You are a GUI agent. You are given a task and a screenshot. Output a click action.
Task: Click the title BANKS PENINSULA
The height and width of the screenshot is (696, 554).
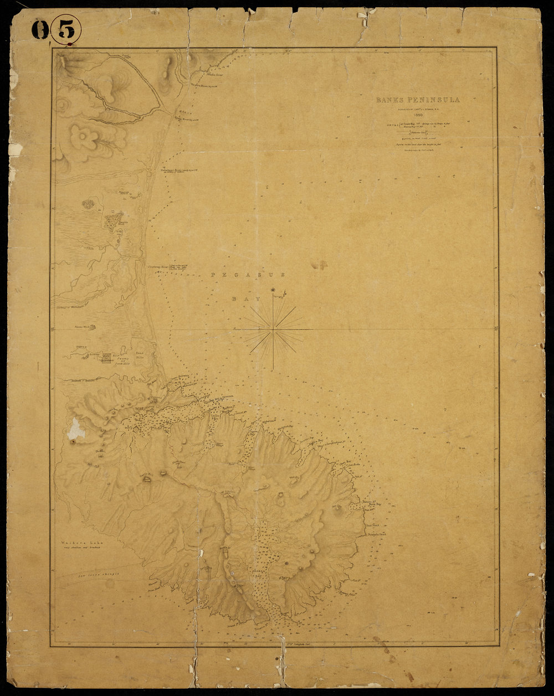click(418, 100)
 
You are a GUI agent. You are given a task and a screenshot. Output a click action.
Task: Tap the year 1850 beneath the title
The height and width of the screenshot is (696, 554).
click(418, 115)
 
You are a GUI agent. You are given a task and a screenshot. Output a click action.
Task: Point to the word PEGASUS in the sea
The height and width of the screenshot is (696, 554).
click(249, 274)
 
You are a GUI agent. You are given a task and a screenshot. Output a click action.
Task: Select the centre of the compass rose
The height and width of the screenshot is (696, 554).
click(273, 329)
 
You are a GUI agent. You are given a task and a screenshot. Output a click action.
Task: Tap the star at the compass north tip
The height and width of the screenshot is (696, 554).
click(273, 290)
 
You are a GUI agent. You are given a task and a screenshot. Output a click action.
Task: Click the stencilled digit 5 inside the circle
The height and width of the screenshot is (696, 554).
click(66, 30)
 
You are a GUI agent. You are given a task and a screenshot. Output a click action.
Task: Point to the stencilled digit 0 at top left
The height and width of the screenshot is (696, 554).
click(40, 30)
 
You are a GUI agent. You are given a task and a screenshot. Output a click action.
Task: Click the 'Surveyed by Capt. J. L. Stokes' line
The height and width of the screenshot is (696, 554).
click(418, 109)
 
